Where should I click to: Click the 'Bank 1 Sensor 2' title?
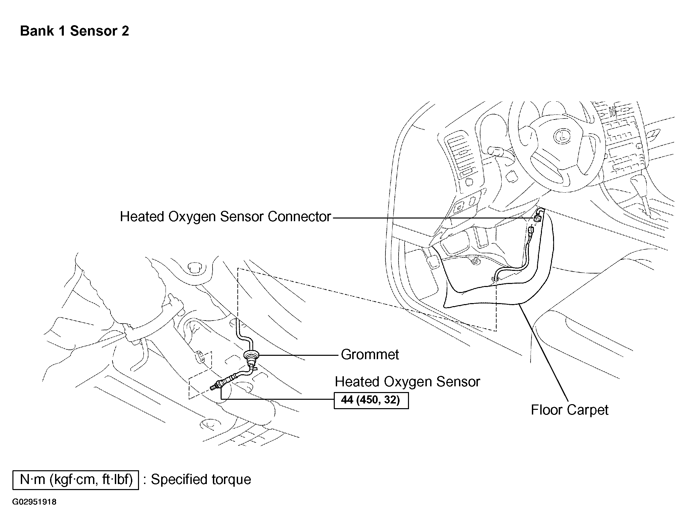click(75, 31)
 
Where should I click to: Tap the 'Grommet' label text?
click(370, 354)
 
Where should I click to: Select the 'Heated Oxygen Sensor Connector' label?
click(226, 217)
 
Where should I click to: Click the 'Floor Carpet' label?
click(569, 410)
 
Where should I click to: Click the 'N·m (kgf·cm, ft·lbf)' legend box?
click(76, 480)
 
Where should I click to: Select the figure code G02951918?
click(34, 502)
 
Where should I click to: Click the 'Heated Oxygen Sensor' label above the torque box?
click(407, 382)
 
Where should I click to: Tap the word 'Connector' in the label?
click(299, 217)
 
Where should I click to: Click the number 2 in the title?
click(125, 31)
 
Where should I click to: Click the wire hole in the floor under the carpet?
click(495, 278)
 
